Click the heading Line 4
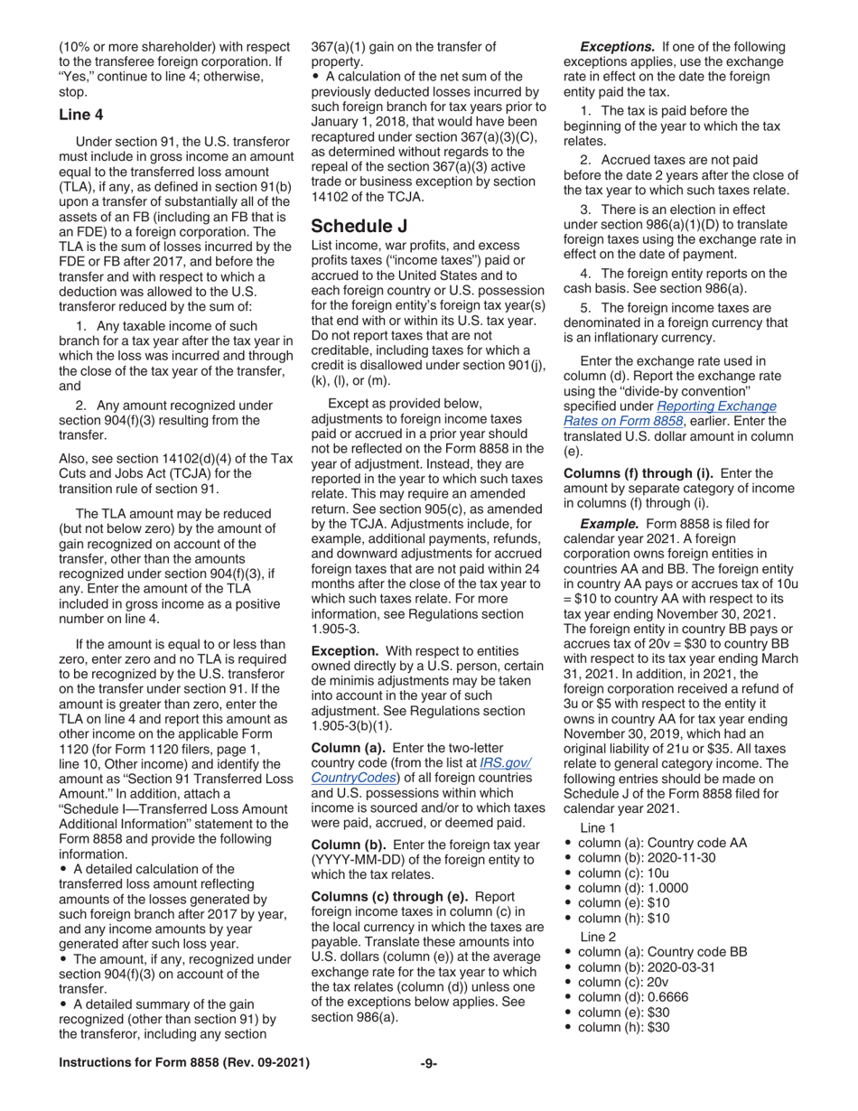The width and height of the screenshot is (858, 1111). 80,115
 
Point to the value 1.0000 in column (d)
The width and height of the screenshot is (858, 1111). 666,887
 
